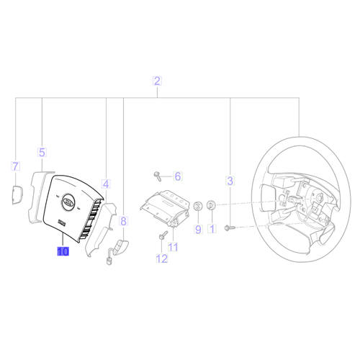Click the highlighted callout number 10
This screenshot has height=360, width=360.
tap(63, 251)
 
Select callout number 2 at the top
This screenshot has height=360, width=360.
tap(157, 81)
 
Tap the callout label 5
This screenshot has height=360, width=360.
tap(42, 152)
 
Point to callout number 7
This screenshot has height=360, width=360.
tap(16, 166)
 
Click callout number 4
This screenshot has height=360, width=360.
tap(106, 184)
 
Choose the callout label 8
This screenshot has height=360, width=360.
tap(123, 221)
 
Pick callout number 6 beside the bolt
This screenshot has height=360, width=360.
tap(178, 176)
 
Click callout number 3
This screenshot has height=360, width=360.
tap(230, 181)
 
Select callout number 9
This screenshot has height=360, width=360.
tap(198, 229)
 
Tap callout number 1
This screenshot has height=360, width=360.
tap(212, 229)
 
